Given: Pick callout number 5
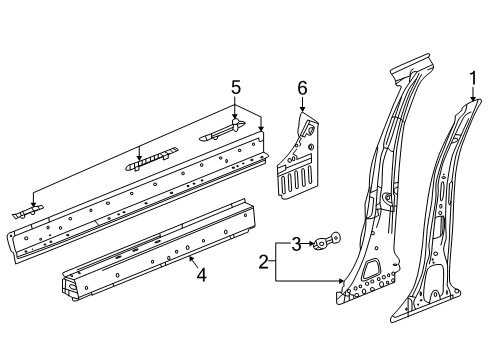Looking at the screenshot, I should point(236,88).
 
